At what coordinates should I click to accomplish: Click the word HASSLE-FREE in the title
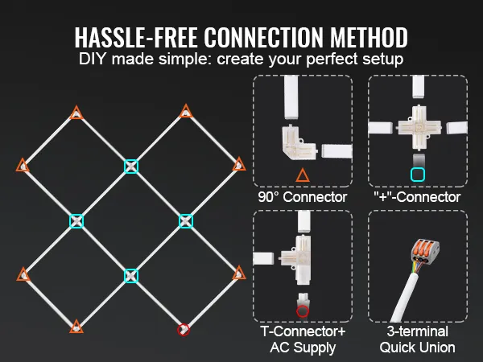tap(135, 37)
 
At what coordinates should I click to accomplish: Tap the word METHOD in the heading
tap(369, 37)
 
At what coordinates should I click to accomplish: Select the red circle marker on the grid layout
tap(184, 330)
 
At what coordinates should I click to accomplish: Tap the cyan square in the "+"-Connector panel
tap(418, 175)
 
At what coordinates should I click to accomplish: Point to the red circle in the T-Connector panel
tap(302, 311)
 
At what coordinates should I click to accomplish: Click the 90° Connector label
tap(303, 197)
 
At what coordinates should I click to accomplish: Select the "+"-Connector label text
tap(417, 197)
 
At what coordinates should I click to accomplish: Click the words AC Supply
tap(303, 348)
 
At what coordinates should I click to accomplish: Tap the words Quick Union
tap(417, 348)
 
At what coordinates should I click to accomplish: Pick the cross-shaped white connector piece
tap(417, 127)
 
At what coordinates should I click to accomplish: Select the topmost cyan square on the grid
tap(131, 167)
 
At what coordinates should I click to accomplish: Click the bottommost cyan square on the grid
tap(131, 276)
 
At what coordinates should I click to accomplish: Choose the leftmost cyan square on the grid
tap(76, 221)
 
